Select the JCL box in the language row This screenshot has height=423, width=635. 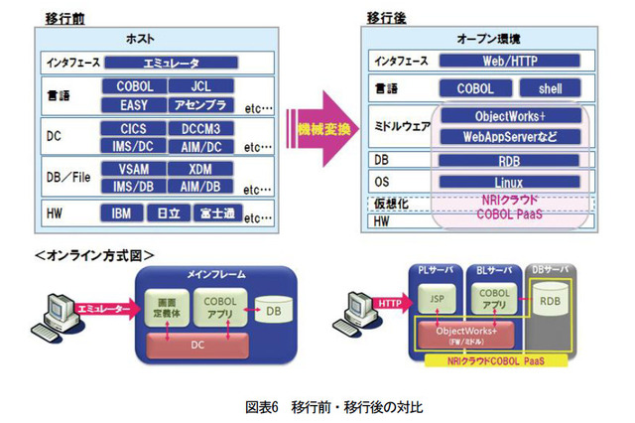[202, 86]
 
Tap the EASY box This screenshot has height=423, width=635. [133, 104]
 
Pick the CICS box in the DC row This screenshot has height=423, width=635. [133, 128]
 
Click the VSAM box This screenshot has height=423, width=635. [133, 169]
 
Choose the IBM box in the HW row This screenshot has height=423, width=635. [121, 212]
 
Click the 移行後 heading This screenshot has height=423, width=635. [384, 17]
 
